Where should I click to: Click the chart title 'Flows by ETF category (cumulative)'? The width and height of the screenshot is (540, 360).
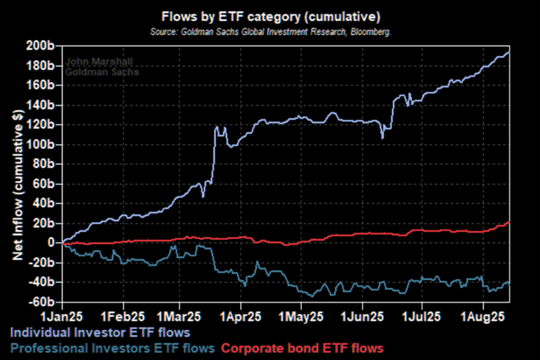pyautogui.click(x=270, y=15)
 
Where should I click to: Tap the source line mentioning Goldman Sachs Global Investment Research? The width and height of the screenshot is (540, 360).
pyautogui.click(x=270, y=31)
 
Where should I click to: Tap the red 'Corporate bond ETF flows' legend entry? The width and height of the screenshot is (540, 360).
pyautogui.click(x=302, y=347)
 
